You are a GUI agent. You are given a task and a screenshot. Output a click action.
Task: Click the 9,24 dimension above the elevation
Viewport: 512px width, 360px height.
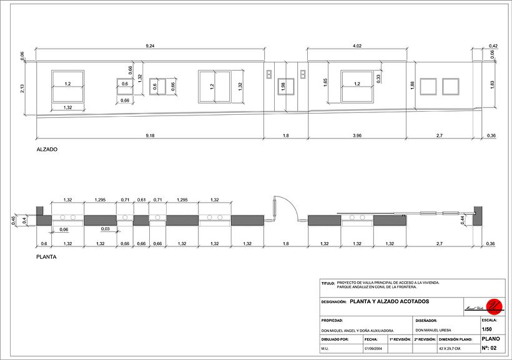tap(150, 46)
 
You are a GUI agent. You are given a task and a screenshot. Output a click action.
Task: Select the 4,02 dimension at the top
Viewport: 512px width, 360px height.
tap(357, 46)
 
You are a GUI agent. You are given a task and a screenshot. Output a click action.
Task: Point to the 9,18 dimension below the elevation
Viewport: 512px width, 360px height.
tap(150, 135)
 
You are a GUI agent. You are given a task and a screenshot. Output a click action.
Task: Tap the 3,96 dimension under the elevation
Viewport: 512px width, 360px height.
tap(357, 135)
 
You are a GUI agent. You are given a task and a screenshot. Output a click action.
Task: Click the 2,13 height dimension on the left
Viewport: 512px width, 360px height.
tap(23, 89)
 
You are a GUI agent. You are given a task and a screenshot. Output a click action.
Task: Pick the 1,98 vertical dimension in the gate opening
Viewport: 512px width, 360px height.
tap(283, 87)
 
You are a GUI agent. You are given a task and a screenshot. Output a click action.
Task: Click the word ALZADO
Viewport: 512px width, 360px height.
tap(47, 150)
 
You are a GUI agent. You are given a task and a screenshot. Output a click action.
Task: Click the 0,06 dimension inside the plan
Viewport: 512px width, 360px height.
tap(64, 230)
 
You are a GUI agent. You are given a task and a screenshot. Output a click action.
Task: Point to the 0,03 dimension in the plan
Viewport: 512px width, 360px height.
tap(106, 230)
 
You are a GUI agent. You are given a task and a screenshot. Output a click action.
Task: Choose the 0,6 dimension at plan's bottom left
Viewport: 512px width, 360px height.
tap(44, 243)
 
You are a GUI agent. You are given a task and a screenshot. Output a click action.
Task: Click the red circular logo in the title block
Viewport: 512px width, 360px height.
tap(494, 305)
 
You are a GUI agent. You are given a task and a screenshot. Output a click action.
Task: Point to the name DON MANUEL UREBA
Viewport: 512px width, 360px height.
tap(433, 329)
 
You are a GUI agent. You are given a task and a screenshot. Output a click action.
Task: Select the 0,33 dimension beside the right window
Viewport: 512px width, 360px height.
tap(379, 77)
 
